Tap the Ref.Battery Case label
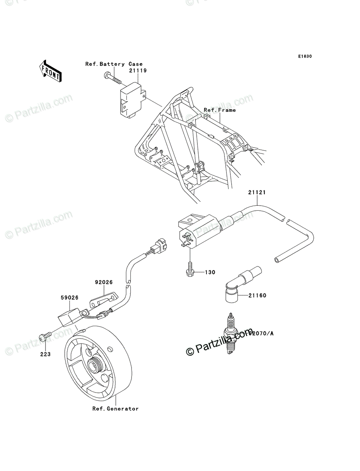114,64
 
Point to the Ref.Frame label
220,110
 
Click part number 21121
257,193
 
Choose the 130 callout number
210,272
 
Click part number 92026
104,282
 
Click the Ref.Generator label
115,409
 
